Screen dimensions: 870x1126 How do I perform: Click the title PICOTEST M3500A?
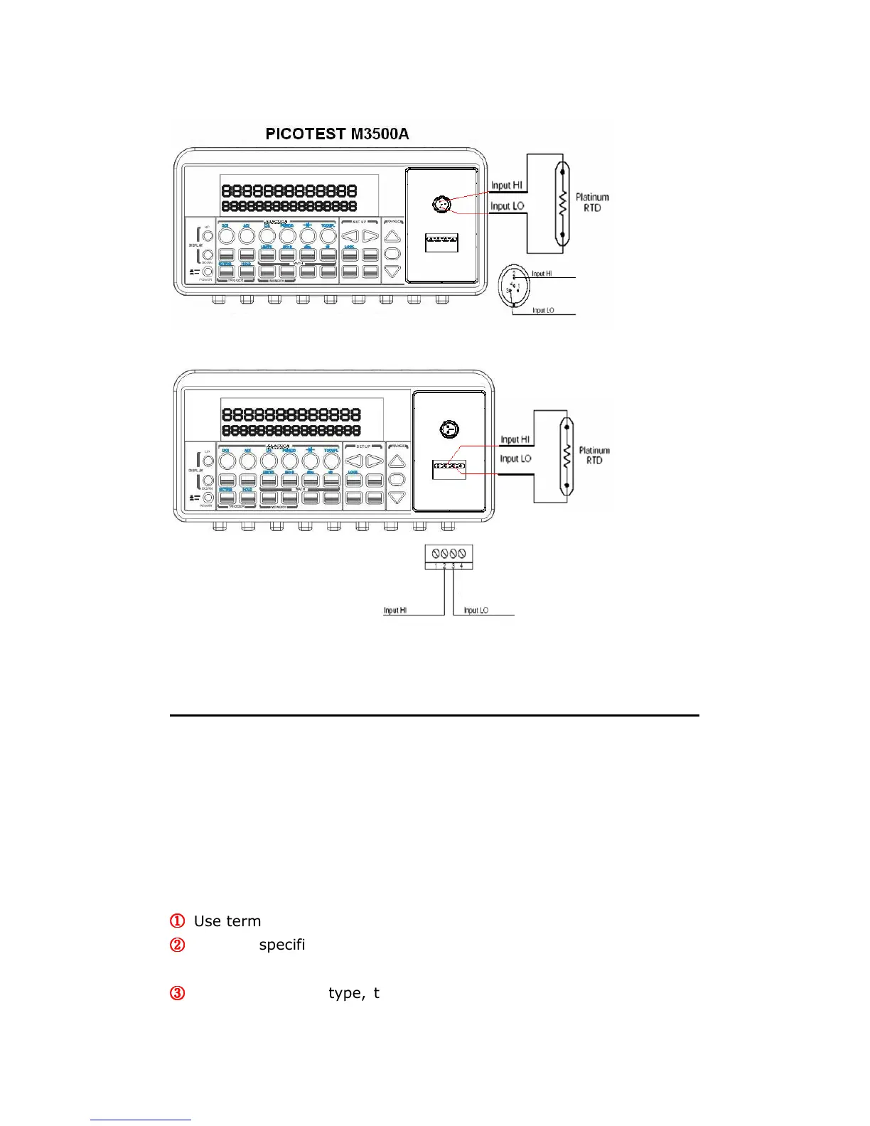[x=337, y=134]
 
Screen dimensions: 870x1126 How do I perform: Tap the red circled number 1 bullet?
[x=178, y=921]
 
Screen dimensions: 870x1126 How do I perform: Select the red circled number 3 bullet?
[x=178, y=993]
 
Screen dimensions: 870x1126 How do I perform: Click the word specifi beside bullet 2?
[x=281, y=945]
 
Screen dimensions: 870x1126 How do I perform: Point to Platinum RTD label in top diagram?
[x=592, y=202]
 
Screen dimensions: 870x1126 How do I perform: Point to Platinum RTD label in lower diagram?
[x=594, y=455]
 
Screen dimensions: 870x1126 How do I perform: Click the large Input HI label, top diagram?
[x=507, y=185]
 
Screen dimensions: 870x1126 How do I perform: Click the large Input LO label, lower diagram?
[x=515, y=459]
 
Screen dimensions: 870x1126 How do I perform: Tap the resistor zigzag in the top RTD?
[x=562, y=203]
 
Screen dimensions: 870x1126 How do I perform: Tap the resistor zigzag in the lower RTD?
[x=566, y=456]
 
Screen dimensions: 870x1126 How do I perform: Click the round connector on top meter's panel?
[x=441, y=205]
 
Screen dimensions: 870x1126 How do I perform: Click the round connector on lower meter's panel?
[x=449, y=429]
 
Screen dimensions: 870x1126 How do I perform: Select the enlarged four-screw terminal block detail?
[x=449, y=557]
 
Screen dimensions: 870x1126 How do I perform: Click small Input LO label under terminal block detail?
[x=476, y=611]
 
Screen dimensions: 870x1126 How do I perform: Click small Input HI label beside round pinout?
[x=542, y=274]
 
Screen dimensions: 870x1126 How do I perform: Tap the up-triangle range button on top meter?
[x=392, y=237]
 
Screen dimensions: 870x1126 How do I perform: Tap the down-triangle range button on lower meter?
[x=397, y=498]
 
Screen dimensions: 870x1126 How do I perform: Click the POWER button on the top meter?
[x=208, y=272]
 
